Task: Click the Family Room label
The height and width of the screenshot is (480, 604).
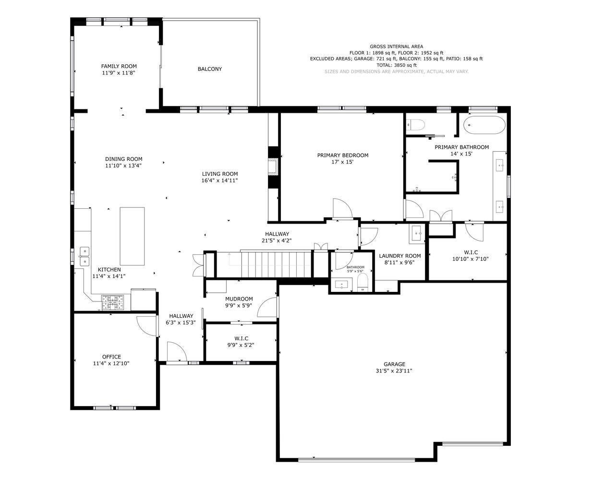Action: click(119, 66)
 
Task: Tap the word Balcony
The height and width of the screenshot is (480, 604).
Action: click(210, 69)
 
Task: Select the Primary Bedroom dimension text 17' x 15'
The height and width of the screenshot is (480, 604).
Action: click(342, 162)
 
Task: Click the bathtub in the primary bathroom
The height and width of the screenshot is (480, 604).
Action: click(484, 126)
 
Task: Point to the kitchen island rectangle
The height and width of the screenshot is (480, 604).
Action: click(132, 236)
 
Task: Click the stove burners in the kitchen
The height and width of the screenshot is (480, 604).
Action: click(112, 303)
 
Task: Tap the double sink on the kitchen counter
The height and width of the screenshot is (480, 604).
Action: click(84, 256)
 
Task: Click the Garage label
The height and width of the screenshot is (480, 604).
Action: click(394, 364)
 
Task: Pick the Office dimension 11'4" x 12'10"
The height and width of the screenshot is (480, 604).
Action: click(111, 363)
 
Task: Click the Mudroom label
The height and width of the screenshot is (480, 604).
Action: click(239, 299)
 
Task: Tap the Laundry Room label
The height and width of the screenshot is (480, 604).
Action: click(399, 256)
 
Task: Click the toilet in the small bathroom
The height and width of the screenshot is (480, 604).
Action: click(362, 283)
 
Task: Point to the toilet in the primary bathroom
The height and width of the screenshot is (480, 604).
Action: click(416, 125)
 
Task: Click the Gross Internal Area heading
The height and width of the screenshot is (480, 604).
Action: click(396, 47)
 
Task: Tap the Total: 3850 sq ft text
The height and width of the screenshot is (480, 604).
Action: click(396, 65)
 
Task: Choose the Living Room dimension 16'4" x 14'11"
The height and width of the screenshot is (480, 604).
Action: click(219, 180)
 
